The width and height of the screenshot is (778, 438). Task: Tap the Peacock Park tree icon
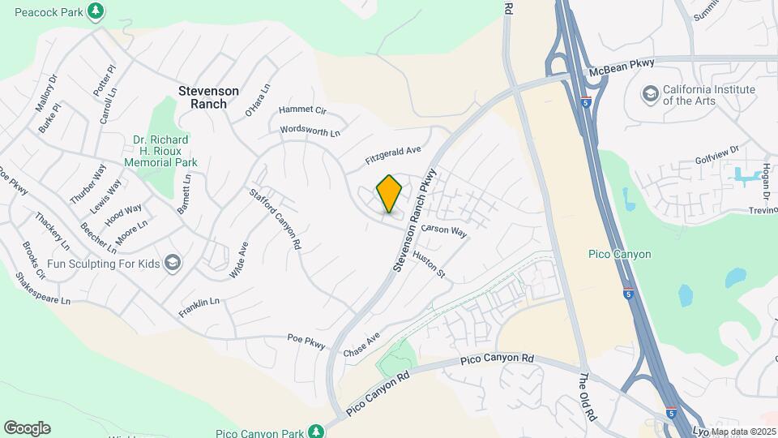96,10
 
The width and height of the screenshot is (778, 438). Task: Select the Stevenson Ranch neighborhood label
208,97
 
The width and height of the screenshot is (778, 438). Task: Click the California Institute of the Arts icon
650,95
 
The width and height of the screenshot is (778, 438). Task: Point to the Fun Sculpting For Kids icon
173,262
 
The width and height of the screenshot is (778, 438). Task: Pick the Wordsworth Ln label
310,130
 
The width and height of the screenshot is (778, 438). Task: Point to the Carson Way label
444,230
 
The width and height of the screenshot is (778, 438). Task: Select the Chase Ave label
361,346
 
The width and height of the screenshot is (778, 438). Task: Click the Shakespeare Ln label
43,288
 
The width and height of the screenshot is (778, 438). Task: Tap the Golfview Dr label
717,151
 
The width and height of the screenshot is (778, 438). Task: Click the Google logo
27,428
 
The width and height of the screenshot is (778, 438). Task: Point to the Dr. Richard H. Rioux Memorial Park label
160,150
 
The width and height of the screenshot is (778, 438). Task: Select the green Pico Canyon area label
619,254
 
